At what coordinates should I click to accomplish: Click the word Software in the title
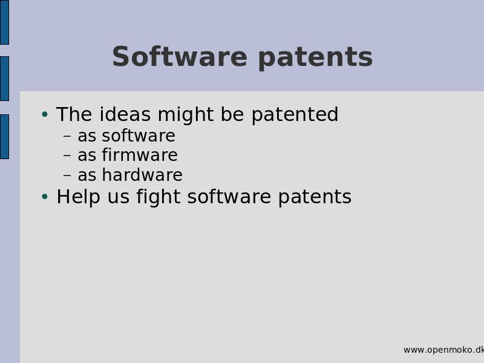click(180, 56)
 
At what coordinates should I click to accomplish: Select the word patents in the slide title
click(315, 57)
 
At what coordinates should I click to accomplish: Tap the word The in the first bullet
click(74, 114)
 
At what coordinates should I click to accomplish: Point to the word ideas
click(125, 114)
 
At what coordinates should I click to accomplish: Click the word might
click(186, 115)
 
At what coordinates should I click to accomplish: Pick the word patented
click(295, 115)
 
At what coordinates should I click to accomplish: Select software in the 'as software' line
click(139, 136)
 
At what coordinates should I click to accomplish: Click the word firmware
click(140, 155)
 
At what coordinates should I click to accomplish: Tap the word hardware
click(142, 175)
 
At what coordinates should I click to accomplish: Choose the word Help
click(79, 197)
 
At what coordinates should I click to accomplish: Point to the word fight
click(159, 197)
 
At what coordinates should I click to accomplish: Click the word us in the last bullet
click(118, 198)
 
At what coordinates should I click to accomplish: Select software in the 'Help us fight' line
click(229, 197)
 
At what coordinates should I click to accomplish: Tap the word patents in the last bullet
click(315, 198)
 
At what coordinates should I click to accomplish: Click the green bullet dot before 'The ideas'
click(45, 114)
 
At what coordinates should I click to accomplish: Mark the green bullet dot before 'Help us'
click(45, 197)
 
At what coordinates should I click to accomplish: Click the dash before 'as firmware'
click(67, 155)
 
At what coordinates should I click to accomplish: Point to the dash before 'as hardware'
click(67, 175)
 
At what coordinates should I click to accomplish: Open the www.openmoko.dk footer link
click(443, 350)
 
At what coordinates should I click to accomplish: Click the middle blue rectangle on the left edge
click(4, 79)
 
